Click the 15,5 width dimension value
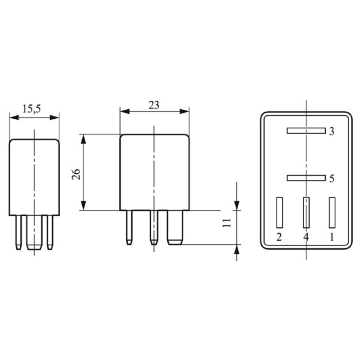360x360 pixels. coord(31,109)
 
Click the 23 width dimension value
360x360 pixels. coord(153,105)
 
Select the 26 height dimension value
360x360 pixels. coord(76,174)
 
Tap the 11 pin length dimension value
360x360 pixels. coord(227,223)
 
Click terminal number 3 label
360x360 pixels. coord(332,131)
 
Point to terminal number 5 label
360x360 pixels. coord(332,179)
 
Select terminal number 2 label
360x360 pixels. coord(279,237)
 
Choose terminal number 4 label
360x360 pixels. coord(306,237)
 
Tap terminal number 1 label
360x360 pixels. coord(332,237)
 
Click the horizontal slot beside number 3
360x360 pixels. coord(306,130)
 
